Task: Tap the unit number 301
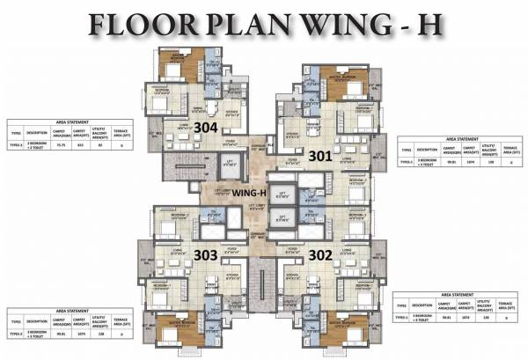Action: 321,156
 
